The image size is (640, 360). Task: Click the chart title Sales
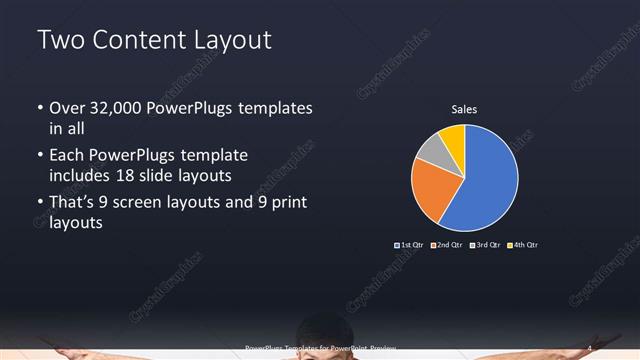tap(465, 109)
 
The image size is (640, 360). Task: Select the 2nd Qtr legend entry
tap(446, 245)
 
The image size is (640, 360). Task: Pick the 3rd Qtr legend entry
tap(484, 245)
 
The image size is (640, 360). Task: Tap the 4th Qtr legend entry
tap(523, 245)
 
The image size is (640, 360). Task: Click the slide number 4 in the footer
tap(589, 348)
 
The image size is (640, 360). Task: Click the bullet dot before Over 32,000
tap(40, 108)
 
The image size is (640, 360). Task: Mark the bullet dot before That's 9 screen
tap(40, 203)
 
